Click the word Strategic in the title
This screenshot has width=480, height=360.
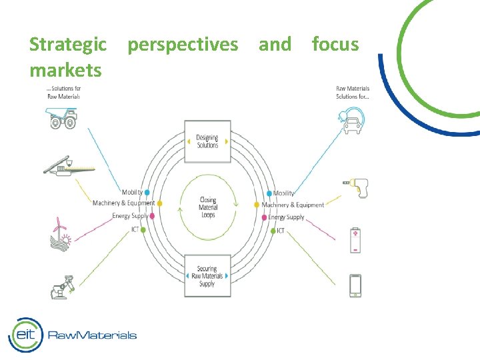[67, 45]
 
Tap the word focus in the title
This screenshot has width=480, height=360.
[335, 45]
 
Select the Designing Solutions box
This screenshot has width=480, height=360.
[207, 141]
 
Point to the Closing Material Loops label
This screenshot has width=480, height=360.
[208, 207]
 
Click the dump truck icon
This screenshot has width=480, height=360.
[62, 119]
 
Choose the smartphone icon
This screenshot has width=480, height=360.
[355, 285]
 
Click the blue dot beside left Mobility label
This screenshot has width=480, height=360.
[147, 193]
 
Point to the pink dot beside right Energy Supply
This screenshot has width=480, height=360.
[265, 217]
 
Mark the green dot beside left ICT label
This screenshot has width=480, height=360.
[143, 230]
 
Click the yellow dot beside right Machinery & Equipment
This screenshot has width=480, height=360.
[257, 205]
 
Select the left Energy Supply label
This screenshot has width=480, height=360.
[130, 216]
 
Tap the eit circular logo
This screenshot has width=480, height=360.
[25, 335]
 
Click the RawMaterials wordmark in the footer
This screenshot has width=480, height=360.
[92, 335]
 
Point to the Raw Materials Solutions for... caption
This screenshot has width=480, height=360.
[353, 93]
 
